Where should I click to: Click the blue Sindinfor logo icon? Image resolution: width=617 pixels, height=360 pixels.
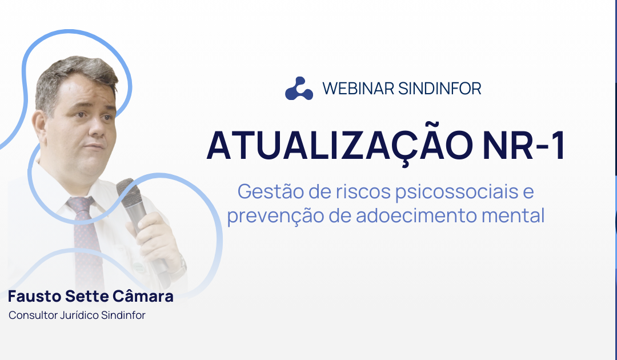click(299, 89)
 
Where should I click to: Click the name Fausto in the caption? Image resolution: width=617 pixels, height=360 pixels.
click(33, 297)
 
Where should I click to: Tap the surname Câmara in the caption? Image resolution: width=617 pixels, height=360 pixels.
click(146, 297)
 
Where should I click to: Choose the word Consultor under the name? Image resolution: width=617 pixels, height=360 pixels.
click(33, 315)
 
